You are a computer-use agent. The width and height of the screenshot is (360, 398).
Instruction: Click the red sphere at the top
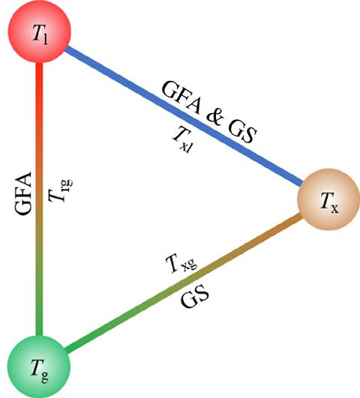[40, 31]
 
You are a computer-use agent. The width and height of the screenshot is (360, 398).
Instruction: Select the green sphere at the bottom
[38, 367]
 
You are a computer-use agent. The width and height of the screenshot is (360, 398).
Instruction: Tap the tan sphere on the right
[328, 199]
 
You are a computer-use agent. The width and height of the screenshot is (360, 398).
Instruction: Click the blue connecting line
[184, 115]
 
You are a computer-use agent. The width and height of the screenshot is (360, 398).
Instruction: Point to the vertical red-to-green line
[39, 199]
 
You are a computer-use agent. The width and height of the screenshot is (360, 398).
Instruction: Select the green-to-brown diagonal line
[184, 283]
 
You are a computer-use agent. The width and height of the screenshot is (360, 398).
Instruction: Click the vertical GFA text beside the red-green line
[22, 193]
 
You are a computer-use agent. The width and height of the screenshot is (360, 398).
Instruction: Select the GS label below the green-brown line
[195, 297]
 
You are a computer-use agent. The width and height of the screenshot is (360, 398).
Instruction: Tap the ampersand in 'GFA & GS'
[215, 118]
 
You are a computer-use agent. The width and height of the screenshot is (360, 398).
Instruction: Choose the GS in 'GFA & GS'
[241, 133]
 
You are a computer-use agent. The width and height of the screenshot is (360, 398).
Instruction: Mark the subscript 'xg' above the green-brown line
[190, 264]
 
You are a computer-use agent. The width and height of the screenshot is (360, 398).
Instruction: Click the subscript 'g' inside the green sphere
[44, 376]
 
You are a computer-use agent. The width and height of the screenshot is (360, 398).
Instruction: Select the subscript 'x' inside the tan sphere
[334, 208]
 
